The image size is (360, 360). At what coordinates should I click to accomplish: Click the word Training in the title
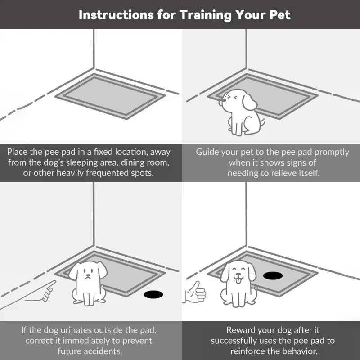point(206,15)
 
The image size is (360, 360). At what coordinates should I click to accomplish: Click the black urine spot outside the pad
point(153,294)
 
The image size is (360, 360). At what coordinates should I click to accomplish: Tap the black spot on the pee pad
point(273,275)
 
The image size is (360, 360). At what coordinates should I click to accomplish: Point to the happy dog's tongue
point(238,280)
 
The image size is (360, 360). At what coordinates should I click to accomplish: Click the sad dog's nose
point(88,275)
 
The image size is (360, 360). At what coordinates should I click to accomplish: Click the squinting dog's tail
point(262,122)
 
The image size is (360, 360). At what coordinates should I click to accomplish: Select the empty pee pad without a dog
point(110,96)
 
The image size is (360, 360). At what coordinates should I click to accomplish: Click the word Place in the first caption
point(17,152)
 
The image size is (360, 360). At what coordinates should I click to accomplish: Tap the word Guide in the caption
point(206,152)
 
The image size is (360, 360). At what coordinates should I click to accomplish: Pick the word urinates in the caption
point(76,330)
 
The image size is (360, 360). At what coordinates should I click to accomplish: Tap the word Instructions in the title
point(116,15)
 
